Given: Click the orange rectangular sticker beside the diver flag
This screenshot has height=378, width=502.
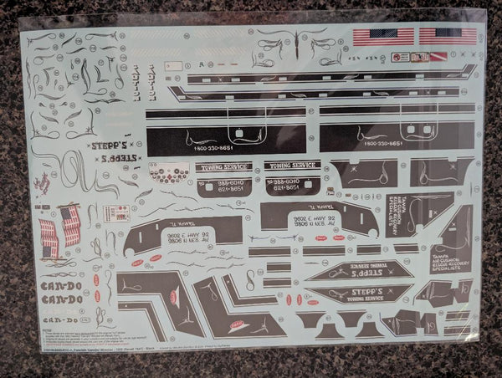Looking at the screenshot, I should [x=401, y=57].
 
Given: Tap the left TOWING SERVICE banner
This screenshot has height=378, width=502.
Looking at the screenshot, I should [x=223, y=166].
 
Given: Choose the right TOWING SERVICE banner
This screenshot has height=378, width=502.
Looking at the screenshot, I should [x=292, y=166].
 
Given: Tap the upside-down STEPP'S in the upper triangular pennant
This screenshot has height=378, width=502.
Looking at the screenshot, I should [x=360, y=271].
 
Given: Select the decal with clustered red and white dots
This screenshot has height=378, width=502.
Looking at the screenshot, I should [x=171, y=173].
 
